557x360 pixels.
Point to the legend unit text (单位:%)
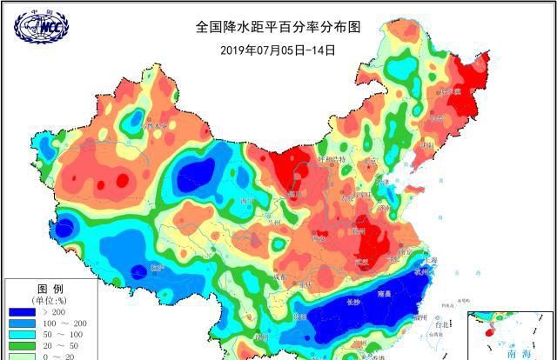48,300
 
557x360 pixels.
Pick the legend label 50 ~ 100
63,335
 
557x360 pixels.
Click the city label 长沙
352,302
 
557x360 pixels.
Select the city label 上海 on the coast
428,260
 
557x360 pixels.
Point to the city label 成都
279,275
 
